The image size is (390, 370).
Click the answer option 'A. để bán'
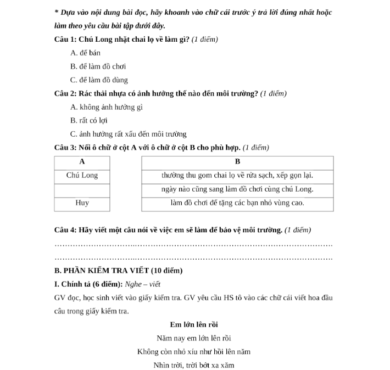(85, 53)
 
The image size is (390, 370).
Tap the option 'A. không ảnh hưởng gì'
(107, 107)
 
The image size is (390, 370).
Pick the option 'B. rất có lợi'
(89, 120)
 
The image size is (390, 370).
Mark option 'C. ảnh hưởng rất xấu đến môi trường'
(129, 134)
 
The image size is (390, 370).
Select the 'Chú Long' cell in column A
(82, 176)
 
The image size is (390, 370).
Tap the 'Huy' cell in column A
(82, 203)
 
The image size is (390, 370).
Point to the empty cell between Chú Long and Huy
(82, 189)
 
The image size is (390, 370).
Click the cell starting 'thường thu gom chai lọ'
(237, 176)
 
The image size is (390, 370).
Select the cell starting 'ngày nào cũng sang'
(237, 189)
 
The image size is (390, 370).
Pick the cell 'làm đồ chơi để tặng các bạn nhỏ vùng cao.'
(237, 203)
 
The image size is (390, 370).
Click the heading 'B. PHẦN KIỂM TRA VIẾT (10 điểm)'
(119, 271)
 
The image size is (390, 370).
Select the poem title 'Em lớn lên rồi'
(194, 324)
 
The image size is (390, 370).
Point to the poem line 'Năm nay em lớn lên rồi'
(194, 338)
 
